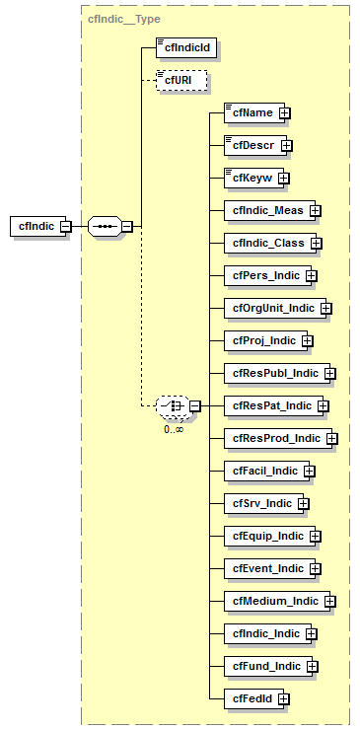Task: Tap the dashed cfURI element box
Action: pos(178,79)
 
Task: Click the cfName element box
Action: pos(251,112)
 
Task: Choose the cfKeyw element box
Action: pos(251,178)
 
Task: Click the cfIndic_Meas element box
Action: pos(266,210)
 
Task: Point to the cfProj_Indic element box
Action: pos(262,340)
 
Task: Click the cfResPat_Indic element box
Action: pos(270,405)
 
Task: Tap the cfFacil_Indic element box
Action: pos(263,471)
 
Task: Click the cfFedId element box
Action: pos(251,698)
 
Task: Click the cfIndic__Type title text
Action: pos(124,19)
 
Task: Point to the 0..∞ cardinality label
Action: pos(174,429)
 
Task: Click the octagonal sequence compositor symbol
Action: pos(104,226)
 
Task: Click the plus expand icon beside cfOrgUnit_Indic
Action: pos(325,308)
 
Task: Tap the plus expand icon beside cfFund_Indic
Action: pos(312,666)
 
